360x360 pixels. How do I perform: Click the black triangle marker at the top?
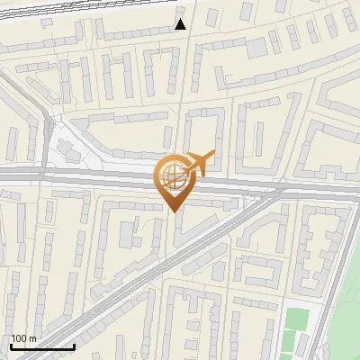(x=181, y=24)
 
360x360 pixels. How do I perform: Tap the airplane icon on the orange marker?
(x=198, y=164)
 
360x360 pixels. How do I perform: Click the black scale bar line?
(x=42, y=346)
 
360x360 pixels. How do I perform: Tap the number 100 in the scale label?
(x=20, y=338)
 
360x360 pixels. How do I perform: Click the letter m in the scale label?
(x=33, y=338)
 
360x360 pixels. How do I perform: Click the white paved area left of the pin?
(x=67, y=153)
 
